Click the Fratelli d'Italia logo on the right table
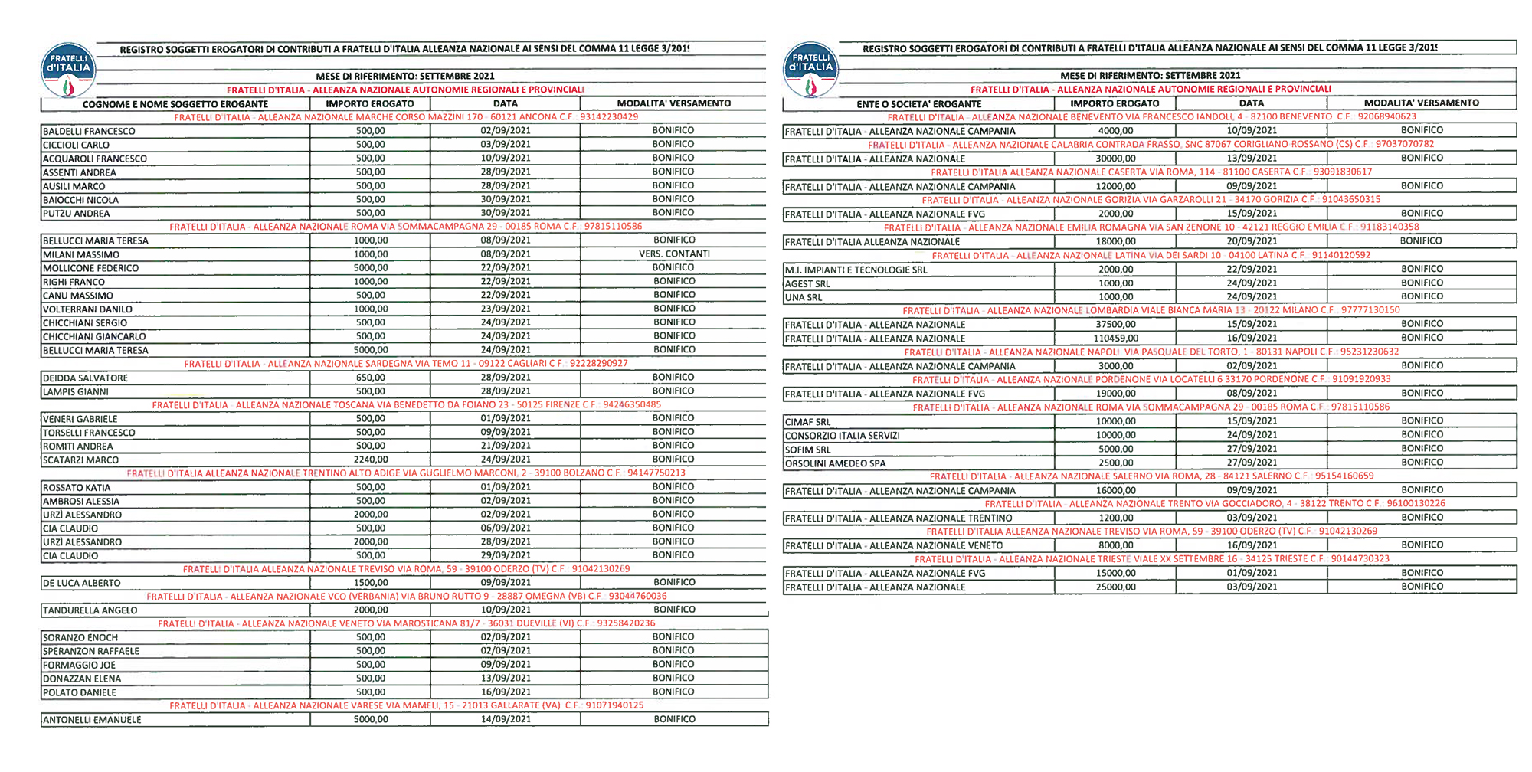pos(810,69)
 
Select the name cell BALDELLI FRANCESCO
pos(89,132)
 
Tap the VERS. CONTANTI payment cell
pos(674,254)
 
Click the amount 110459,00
pos(1115,339)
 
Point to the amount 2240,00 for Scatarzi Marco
pos(371,460)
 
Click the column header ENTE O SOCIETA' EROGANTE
pos(918,104)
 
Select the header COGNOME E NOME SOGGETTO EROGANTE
pos(175,104)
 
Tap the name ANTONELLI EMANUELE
pos(92,720)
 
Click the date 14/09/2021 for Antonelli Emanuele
pos(506,720)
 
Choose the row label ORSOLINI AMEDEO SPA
pos(835,464)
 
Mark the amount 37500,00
pos(1115,325)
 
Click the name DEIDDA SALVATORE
pos(86,378)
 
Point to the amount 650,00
pos(371,378)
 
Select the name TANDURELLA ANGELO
pos(90,610)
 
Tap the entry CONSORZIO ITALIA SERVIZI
pos(843,436)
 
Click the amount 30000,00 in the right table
pos(1115,159)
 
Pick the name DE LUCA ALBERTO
pos(82,584)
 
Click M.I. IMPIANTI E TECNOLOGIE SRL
pos(856,270)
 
